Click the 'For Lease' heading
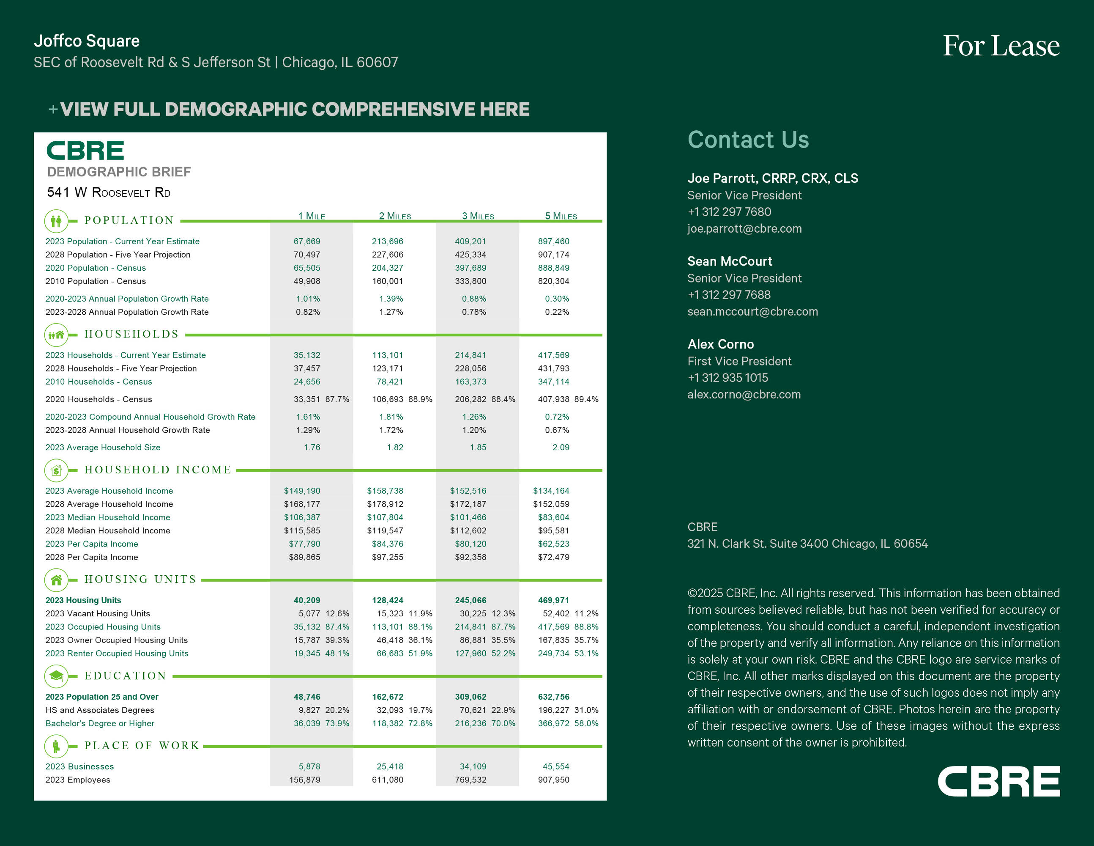point(1001,46)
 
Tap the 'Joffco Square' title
point(87,41)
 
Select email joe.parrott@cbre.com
point(744,228)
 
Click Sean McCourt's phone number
point(729,295)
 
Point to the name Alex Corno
point(720,344)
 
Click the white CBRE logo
point(998,781)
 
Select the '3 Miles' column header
point(478,216)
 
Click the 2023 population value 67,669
point(306,241)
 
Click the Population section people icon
point(56,220)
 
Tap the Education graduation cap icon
point(56,676)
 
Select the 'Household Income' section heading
point(158,470)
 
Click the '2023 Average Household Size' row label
point(103,447)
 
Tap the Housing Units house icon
point(56,580)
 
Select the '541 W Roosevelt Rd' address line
point(109,192)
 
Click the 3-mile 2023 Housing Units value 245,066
point(470,600)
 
